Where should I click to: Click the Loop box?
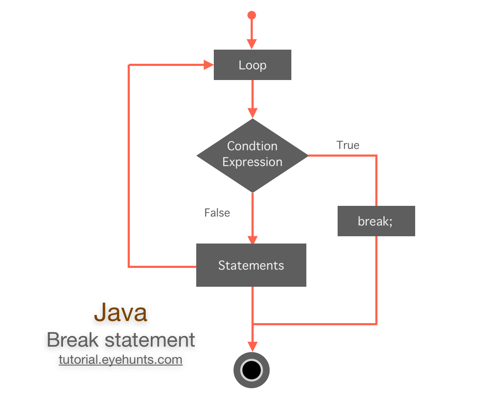[x=252, y=65]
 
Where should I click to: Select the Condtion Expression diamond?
[x=252, y=171]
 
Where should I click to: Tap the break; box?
[x=376, y=221]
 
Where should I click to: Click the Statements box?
[x=251, y=265]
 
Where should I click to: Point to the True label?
[x=348, y=145]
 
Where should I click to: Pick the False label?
[x=217, y=213]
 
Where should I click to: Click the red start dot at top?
[x=252, y=15]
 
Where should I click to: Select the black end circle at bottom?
[x=251, y=370]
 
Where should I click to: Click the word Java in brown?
[x=120, y=312]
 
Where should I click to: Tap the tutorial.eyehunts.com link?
[x=120, y=359]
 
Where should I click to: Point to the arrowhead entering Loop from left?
[x=209, y=65]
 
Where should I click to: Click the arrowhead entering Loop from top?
[x=252, y=44]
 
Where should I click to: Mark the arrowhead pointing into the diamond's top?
[x=252, y=113]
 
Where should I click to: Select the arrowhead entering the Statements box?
[x=252, y=239]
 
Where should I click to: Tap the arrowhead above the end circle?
[x=252, y=346]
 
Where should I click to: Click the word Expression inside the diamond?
[x=252, y=162]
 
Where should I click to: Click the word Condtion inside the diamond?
[x=252, y=146]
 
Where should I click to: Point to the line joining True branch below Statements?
[x=315, y=324]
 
